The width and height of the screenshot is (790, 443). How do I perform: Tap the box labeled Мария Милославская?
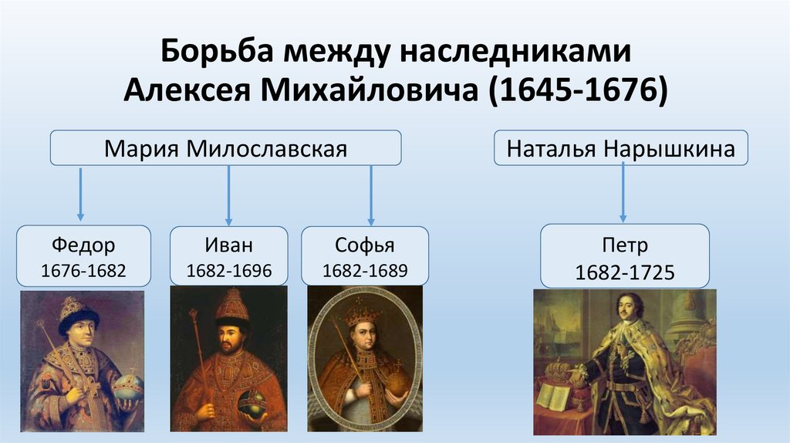click(x=225, y=147)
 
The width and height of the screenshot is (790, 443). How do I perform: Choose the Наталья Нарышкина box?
click(x=620, y=147)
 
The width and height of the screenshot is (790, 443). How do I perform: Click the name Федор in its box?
click(x=84, y=245)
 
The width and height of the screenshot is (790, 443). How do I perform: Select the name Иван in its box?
click(x=228, y=245)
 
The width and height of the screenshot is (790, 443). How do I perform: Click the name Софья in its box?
click(x=364, y=245)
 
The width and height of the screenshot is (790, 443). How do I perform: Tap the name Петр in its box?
click(x=624, y=246)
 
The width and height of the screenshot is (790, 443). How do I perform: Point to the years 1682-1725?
click(x=624, y=272)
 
